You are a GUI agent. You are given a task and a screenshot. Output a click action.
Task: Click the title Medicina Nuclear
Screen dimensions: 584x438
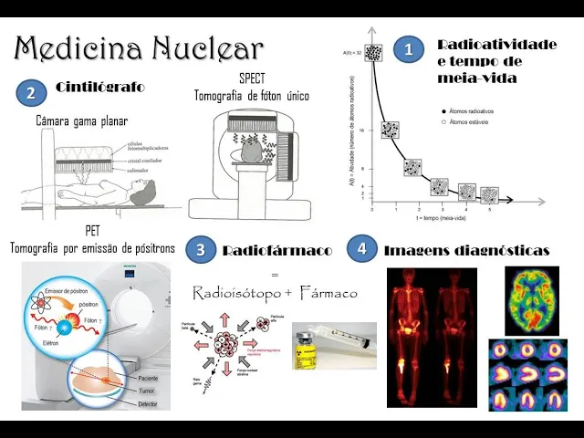140,47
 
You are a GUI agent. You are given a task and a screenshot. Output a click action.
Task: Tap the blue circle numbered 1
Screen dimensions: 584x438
409,49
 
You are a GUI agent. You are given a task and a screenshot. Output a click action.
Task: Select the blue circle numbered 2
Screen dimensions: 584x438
31,92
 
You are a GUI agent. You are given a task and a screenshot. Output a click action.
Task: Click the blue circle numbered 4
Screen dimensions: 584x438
362,249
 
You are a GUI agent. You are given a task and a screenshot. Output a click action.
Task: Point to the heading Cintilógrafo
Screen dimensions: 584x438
99,88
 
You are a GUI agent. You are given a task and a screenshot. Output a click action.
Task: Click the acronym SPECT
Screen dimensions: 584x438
252,78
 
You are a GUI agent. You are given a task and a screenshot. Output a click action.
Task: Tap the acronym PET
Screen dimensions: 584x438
92,231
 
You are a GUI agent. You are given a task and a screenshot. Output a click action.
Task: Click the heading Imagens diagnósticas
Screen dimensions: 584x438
466,250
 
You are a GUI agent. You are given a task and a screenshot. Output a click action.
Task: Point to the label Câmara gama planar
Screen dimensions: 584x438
81,120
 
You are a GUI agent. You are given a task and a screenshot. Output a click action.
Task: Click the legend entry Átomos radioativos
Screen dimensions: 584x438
474,110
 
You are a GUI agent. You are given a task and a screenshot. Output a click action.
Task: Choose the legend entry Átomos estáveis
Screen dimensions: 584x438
471,120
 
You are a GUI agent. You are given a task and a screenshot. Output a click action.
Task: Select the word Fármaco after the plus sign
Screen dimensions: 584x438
327,294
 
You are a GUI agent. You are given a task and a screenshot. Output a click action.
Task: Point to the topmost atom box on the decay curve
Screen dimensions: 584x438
372,53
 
